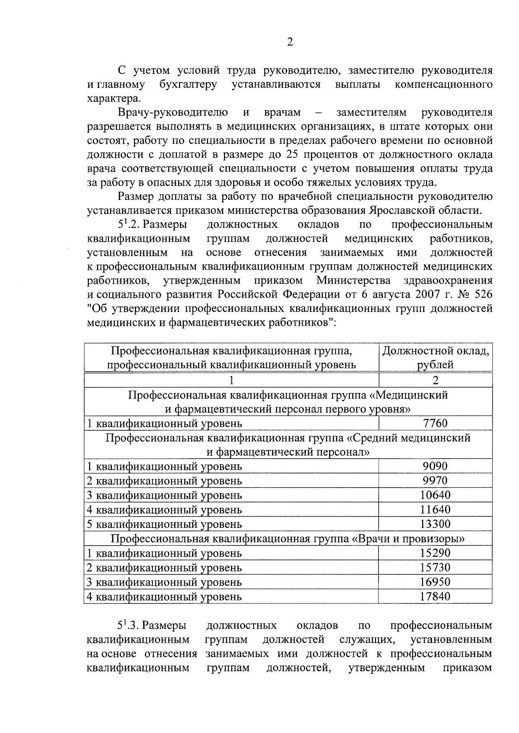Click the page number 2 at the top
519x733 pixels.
(x=290, y=42)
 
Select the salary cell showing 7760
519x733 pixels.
(x=435, y=423)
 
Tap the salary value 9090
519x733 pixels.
(x=435, y=466)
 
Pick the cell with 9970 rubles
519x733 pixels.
(x=435, y=481)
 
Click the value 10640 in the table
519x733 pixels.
(x=435, y=495)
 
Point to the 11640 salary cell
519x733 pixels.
(x=435, y=510)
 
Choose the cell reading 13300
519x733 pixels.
(x=435, y=524)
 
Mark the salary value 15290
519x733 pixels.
(x=435, y=553)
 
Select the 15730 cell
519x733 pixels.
(x=435, y=568)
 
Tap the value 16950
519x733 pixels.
(x=435, y=582)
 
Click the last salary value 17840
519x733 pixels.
(x=435, y=597)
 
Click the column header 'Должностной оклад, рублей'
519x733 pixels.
(x=435, y=358)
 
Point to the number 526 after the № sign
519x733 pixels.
(x=482, y=295)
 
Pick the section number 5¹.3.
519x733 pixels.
(x=129, y=625)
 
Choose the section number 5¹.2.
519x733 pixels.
(x=129, y=225)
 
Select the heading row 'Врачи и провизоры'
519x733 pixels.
(x=288, y=539)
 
